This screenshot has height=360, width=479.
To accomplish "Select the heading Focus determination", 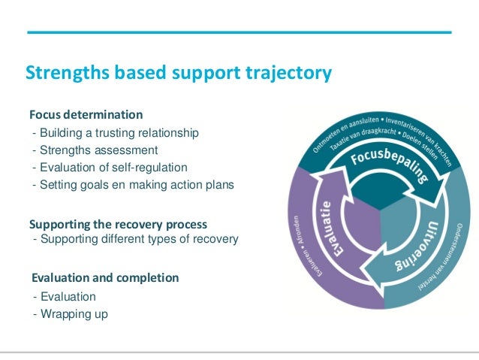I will [x=86, y=115].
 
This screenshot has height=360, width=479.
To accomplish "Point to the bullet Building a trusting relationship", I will [x=116, y=133].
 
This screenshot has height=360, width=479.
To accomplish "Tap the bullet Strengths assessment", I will [x=95, y=150].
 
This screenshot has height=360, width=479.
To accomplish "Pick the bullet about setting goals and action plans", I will [x=133, y=185].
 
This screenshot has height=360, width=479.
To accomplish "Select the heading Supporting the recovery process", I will [x=118, y=224].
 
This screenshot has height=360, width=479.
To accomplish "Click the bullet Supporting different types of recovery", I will [x=135, y=239].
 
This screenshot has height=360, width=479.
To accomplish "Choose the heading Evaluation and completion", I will [x=104, y=278].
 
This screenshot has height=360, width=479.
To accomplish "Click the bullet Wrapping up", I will [x=70, y=313].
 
